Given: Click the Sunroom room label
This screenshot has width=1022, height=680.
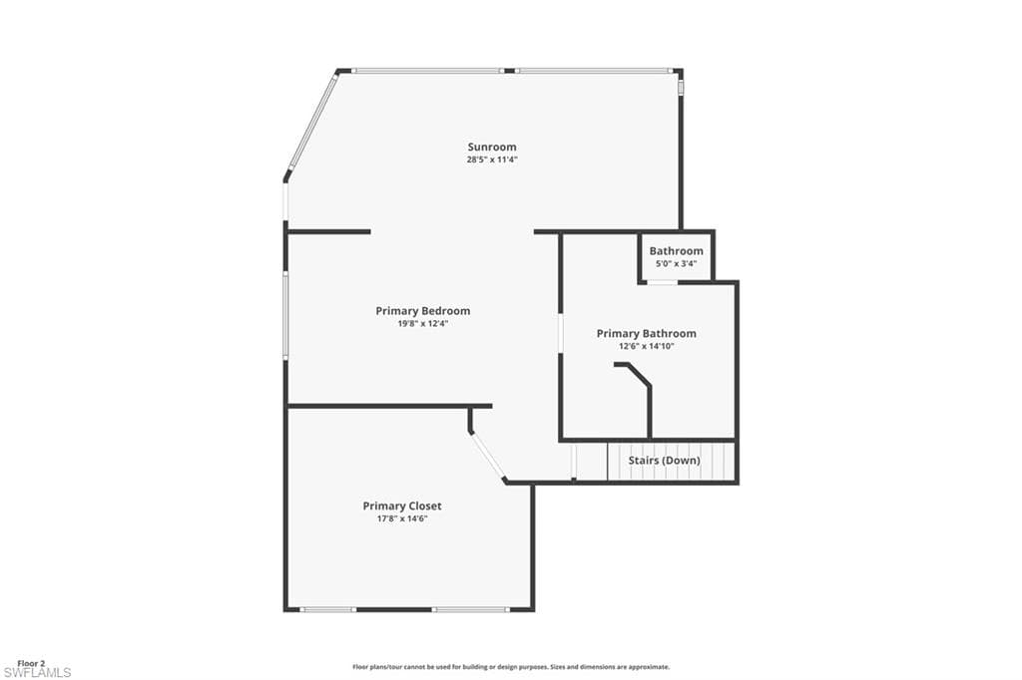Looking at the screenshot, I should (x=492, y=147).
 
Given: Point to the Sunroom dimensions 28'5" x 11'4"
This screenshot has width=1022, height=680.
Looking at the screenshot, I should (x=492, y=160).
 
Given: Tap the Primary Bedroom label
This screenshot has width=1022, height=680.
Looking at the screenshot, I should (x=422, y=311).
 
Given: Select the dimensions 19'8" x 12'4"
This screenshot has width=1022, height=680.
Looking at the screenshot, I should (x=422, y=323).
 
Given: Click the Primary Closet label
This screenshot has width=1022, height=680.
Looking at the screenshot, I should (x=401, y=507).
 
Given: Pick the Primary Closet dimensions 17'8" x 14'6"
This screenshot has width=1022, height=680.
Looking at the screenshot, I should (x=401, y=518).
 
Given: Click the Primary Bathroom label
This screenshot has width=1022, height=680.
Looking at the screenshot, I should (x=646, y=333).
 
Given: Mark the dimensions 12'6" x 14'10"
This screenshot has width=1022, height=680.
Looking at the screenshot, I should (x=646, y=346).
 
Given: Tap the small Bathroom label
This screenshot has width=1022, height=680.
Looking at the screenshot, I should (x=676, y=251).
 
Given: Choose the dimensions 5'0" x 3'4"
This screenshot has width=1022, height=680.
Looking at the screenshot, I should (x=676, y=263).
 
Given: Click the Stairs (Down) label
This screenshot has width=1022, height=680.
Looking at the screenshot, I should (x=664, y=461).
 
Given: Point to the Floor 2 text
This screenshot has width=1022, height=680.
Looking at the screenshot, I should (x=31, y=662).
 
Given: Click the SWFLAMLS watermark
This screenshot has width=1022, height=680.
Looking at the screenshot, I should (x=37, y=673).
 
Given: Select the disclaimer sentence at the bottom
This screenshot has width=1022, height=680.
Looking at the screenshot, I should (x=510, y=667).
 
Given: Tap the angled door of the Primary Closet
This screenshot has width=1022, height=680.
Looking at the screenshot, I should (x=487, y=456).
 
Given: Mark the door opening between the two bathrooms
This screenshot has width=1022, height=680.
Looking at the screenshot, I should (x=661, y=282).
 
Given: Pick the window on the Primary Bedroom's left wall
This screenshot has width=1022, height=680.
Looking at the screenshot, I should (x=285, y=315).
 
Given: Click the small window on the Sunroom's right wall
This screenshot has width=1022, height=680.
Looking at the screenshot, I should (x=681, y=87).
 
